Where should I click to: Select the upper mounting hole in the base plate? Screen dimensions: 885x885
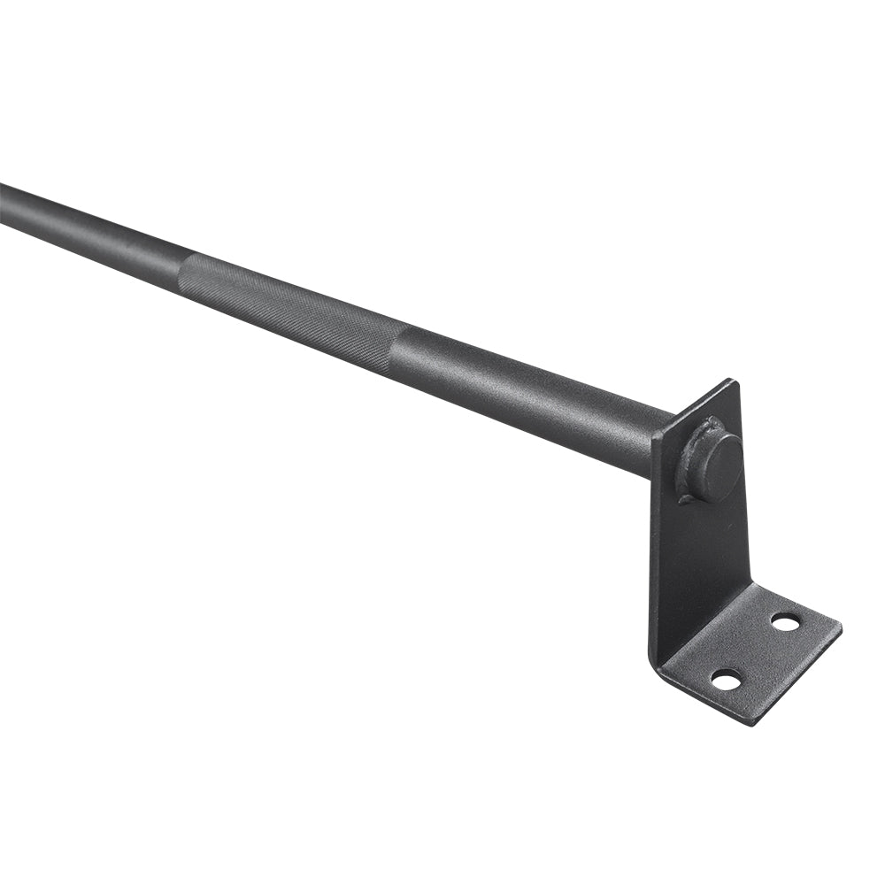point(785,622)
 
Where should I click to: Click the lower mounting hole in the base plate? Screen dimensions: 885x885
point(726,680)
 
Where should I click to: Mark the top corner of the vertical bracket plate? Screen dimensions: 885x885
point(732,381)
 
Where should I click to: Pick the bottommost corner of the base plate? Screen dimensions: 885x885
point(753,724)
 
